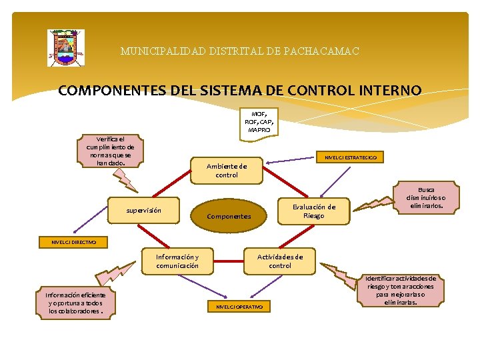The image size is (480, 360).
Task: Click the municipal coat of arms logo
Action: [x=65, y=48]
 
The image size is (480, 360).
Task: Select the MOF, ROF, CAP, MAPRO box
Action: [x=259, y=121]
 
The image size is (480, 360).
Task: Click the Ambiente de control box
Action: [x=227, y=171]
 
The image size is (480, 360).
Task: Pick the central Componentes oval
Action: [x=229, y=216]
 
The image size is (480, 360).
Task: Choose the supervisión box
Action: [x=144, y=210]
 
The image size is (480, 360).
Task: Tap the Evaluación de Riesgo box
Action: [x=313, y=211]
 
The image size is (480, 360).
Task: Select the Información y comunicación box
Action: [x=177, y=261]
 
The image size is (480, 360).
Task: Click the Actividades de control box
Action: [x=280, y=261]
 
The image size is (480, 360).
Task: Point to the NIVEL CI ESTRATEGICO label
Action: [x=350, y=158]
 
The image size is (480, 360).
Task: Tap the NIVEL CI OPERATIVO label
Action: [x=239, y=307]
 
